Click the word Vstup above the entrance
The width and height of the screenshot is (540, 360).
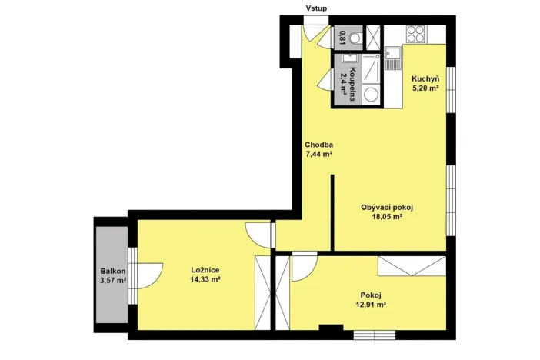point(316,9)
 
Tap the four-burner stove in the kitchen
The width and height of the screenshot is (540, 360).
point(415,34)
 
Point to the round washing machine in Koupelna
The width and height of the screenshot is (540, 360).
point(370,94)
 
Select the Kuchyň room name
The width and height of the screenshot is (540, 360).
point(425,78)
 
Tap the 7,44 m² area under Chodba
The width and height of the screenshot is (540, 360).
point(318,154)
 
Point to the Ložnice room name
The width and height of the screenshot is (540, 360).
point(205,270)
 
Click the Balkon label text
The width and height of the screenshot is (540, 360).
point(112,271)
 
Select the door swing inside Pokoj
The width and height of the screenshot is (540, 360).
point(304,265)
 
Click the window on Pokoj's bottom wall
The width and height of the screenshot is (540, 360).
point(375,333)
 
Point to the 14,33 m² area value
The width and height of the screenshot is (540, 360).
point(205,280)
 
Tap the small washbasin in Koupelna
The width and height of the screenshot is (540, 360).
point(348,58)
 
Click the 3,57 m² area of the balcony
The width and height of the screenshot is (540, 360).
point(112,281)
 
